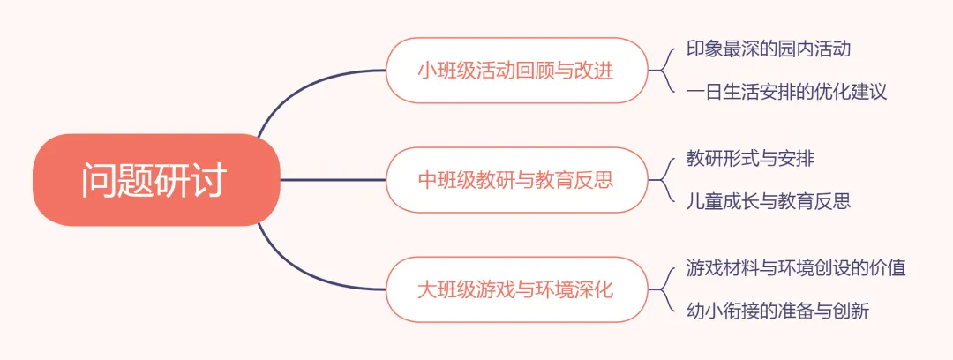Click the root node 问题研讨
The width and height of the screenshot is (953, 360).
click(x=155, y=180)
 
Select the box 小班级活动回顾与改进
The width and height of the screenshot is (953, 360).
click(x=516, y=71)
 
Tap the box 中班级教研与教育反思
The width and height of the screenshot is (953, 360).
click(x=516, y=180)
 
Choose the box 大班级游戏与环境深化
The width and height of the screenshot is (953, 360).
click(x=516, y=289)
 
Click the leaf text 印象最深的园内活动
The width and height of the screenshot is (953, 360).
click(x=769, y=49)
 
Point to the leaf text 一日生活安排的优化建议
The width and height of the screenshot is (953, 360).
click(x=787, y=92)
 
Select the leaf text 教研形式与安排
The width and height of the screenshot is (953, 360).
click(x=751, y=159)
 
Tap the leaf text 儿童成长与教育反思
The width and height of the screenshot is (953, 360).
click(x=769, y=201)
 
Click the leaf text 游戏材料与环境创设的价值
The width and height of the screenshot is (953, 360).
click(x=796, y=268)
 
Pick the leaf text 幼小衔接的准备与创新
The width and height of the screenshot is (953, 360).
click(x=778, y=311)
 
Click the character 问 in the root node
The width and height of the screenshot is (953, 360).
click(x=100, y=180)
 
